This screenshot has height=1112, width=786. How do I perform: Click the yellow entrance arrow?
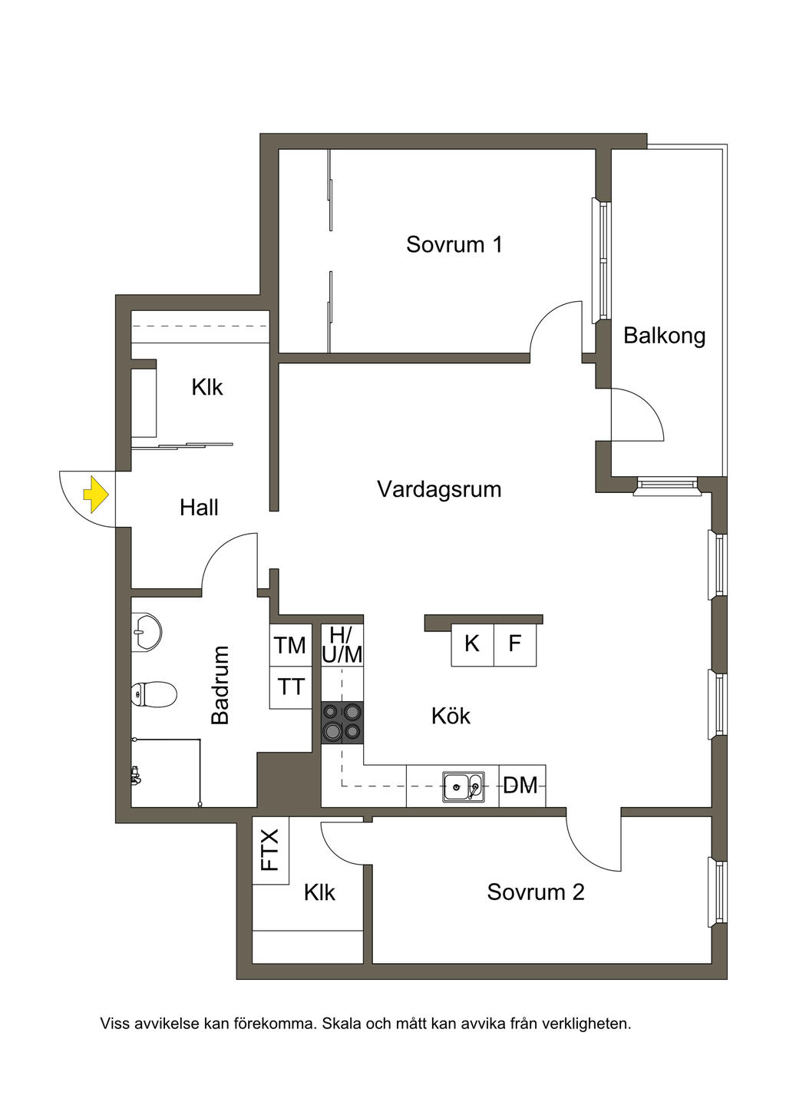[96, 495]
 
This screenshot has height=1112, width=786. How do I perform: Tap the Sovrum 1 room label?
[454, 244]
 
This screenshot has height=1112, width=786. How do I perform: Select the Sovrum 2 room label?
[535, 892]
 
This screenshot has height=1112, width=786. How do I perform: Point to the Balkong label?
[664, 336]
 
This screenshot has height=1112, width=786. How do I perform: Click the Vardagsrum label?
[438, 489]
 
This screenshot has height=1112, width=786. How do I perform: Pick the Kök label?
[451, 716]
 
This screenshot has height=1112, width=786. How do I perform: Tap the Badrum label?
[220, 685]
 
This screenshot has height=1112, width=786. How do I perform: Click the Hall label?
[199, 508]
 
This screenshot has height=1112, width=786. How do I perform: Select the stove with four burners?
[342, 723]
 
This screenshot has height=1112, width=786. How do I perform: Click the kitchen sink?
[463, 786]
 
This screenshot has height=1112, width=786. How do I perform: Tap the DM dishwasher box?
[521, 786]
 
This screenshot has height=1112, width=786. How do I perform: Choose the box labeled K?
[471, 644]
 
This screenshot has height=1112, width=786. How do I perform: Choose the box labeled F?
[514, 644]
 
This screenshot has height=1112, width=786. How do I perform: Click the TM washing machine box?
[290, 645]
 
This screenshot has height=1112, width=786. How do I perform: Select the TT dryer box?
[290, 687]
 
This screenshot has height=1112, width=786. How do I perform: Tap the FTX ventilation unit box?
[270, 850]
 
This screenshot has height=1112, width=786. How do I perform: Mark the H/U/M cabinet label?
[342, 645]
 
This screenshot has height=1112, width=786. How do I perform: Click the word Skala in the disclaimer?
[339, 1024]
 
